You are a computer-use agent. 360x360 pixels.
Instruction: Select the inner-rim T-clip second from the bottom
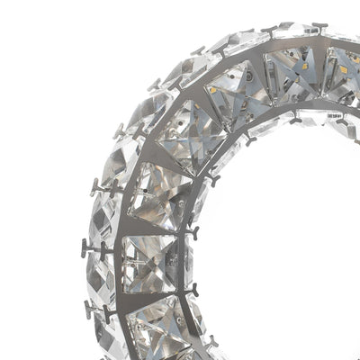190,291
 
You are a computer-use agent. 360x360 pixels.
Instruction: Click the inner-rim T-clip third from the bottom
191,232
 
